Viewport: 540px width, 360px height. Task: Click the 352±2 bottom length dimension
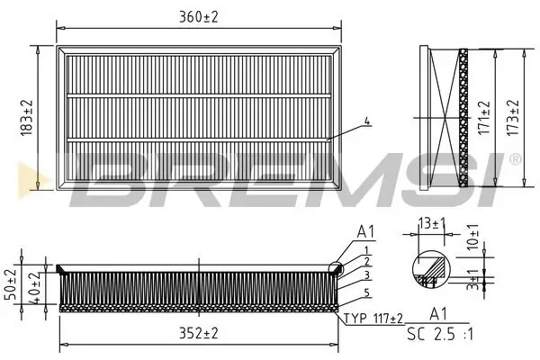[200, 333]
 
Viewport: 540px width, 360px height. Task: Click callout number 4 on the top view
[366, 122]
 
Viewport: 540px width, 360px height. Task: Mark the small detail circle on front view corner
[337, 266]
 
